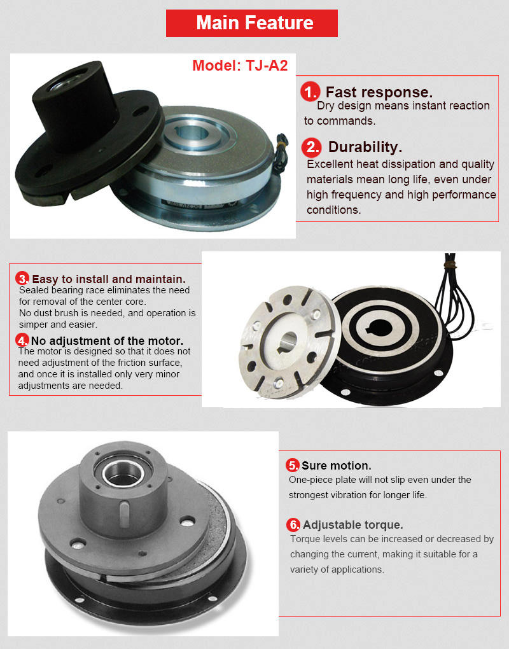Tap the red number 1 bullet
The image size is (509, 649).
coord(310,93)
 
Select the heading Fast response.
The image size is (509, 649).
coord(379,92)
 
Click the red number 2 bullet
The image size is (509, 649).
coord(311,148)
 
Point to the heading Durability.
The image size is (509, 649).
coord(365,148)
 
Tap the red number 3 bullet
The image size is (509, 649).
coord(23,279)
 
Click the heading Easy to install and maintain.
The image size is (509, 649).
coord(109,279)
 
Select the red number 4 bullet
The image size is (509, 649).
coord(23,340)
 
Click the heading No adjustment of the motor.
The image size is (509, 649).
coord(107,340)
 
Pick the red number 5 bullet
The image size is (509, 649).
coord(293,464)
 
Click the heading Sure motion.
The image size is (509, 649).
coord(337,466)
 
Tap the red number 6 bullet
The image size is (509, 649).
coord(293,525)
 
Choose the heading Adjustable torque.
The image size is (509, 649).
coord(352,525)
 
